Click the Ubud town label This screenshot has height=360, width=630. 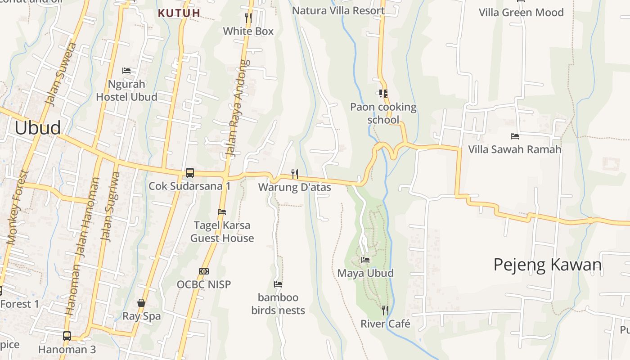[x=37, y=128]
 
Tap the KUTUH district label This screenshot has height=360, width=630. [x=179, y=13]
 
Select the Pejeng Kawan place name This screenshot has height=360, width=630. [x=547, y=265]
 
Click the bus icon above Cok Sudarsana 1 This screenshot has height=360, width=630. [x=190, y=172]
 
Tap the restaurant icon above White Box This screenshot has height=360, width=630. [x=248, y=18]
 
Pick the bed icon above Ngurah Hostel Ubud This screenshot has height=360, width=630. [x=126, y=71]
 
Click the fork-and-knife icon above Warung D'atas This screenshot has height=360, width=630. [x=295, y=174]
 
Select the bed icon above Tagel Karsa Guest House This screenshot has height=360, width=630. [x=222, y=211]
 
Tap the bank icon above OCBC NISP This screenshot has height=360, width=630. [x=204, y=271]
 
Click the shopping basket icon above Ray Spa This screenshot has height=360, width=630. [x=141, y=303]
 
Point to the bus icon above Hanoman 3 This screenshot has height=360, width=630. [x=67, y=336]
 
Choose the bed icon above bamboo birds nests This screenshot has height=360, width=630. [x=278, y=284]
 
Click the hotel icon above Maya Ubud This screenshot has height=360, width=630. [x=365, y=260]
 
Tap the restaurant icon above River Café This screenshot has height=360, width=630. [x=385, y=310]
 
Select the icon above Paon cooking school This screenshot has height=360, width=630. [x=383, y=94]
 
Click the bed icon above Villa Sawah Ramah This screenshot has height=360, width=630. [x=515, y=136]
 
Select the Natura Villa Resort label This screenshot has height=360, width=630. [x=338, y=10]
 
